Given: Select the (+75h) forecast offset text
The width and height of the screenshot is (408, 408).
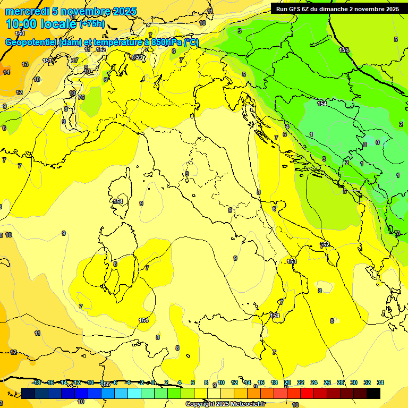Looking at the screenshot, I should [92, 24].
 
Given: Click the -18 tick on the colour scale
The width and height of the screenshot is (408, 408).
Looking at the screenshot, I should [37, 382].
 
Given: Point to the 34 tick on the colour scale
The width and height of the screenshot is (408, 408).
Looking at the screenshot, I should [380, 382].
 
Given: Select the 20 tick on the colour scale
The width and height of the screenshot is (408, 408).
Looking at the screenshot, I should [287, 382].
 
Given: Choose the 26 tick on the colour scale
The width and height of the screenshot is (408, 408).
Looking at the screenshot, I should [327, 382].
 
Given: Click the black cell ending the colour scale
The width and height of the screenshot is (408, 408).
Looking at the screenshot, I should [373, 393].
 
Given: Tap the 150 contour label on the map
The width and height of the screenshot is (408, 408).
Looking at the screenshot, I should [20, 33].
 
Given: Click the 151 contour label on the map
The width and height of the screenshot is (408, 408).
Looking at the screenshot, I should [48, 61].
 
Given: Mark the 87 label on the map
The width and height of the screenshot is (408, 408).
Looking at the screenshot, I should [74, 60].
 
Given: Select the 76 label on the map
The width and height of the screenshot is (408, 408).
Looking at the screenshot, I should [81, 97].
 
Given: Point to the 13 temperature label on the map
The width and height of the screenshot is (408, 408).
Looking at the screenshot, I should [25, 64].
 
